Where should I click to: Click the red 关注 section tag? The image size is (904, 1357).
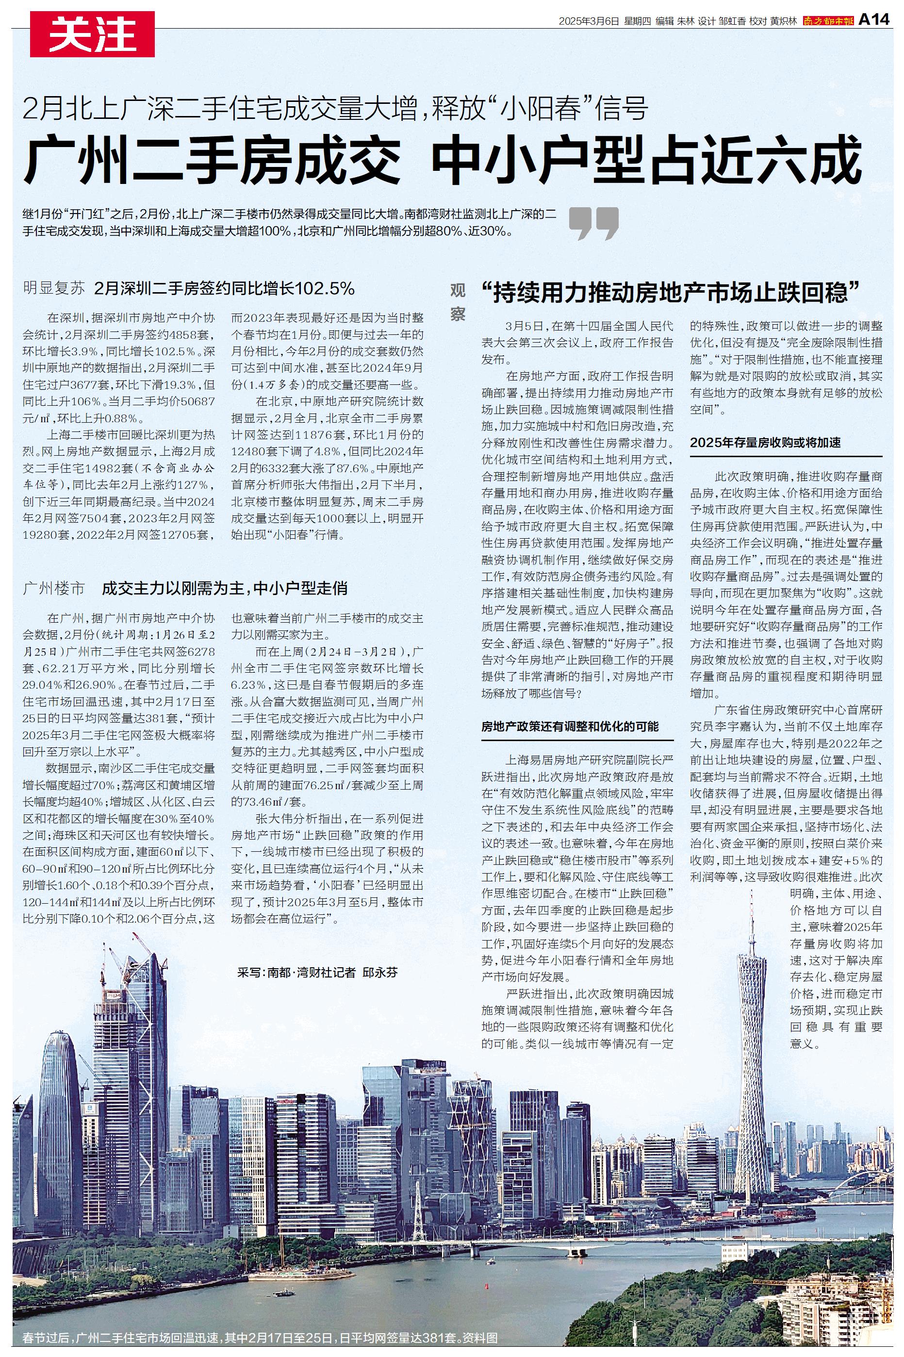[92, 34]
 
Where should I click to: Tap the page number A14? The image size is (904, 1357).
[874, 20]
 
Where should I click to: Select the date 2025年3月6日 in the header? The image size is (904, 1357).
[589, 21]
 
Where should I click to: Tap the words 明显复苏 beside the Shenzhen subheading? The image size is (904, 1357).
[54, 288]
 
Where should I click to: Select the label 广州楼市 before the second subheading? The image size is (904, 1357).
[54, 589]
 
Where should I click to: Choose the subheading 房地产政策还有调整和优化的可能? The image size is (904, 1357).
[570, 727]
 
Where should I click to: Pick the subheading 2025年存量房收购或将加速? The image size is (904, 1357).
[765, 443]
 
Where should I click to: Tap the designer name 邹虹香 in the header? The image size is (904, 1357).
[731, 21]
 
